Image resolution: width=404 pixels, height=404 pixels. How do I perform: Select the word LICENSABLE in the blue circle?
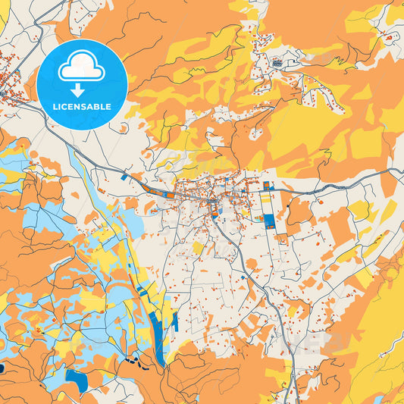coord(81,107)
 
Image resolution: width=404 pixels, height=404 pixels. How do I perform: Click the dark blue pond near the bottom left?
coord(75,375)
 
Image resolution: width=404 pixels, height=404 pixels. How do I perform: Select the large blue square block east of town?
coord(269,221)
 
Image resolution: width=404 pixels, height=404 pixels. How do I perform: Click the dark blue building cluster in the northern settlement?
coord(277,63)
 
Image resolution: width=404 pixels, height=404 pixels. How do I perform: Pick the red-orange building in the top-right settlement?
coord(389,36)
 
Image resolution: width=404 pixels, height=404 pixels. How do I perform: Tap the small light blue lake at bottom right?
coord(378,399)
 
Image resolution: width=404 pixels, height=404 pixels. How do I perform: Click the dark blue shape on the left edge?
coord(2,368)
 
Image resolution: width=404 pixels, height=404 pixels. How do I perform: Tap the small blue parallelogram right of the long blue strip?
coord(174,321)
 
